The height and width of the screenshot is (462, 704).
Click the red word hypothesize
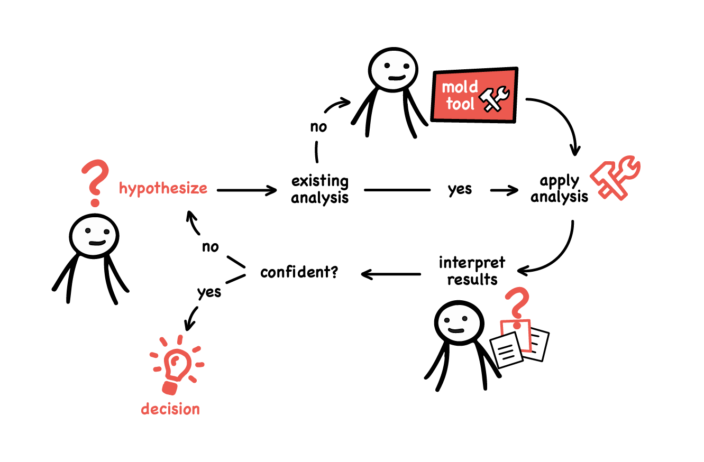click(163, 189)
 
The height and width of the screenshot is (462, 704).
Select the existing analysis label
click(320, 190)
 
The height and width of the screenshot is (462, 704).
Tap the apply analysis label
click(560, 189)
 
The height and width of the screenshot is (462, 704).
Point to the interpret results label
click(472, 271)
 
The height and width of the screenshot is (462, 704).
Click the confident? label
click(299, 273)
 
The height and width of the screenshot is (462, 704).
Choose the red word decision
click(170, 409)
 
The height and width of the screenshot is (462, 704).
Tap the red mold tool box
click(474, 95)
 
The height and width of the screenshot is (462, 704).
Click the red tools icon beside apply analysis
click(615, 177)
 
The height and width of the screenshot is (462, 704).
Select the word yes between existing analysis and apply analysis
click(460, 189)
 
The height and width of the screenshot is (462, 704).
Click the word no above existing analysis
click(318, 127)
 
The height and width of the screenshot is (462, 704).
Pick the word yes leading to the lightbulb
click(209, 292)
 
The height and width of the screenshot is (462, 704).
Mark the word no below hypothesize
click(210, 247)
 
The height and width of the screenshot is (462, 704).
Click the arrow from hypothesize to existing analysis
click(247, 190)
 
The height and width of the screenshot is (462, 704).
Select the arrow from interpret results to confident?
click(391, 274)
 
